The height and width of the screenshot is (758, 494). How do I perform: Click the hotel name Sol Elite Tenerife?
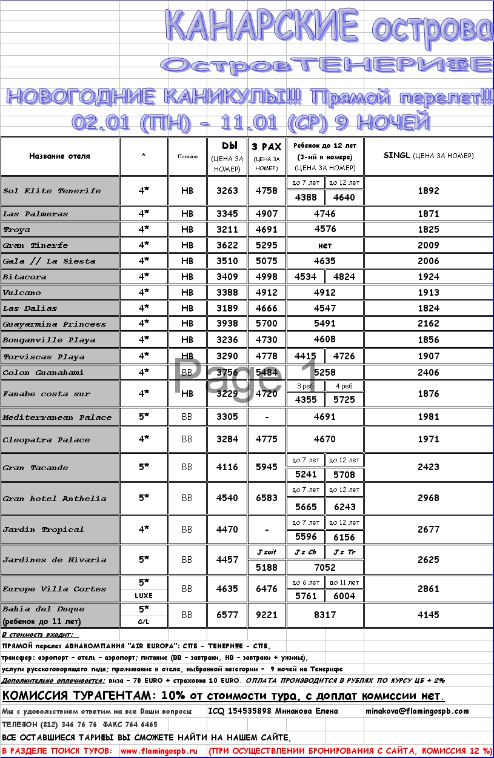[x=52, y=191]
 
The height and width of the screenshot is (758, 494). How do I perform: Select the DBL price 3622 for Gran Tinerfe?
[x=227, y=245]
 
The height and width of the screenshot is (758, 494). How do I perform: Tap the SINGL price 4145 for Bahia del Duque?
[x=428, y=614]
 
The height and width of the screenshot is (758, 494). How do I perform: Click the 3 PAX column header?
[x=267, y=147]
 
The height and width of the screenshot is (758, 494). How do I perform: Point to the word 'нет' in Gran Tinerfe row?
[x=325, y=245]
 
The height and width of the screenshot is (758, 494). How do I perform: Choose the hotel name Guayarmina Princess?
[x=55, y=324]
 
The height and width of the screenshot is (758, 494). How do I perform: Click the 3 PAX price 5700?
[x=267, y=324]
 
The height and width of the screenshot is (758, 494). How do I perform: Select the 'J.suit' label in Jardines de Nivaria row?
[x=267, y=552]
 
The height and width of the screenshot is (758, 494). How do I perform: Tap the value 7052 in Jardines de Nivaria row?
[x=325, y=567]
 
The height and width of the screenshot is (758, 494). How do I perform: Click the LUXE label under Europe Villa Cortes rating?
[x=144, y=596]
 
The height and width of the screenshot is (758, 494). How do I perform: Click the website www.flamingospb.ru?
[x=159, y=751]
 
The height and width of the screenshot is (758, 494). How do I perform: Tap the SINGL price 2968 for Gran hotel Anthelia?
[x=428, y=498]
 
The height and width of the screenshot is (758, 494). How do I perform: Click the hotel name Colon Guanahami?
[x=43, y=372]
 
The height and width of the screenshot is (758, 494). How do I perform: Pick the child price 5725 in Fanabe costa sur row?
[x=344, y=400]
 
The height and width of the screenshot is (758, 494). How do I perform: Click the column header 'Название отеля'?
[x=59, y=156]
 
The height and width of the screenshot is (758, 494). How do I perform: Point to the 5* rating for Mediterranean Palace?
[x=144, y=417]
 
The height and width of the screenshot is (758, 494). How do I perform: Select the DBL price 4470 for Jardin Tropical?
[x=227, y=530]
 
